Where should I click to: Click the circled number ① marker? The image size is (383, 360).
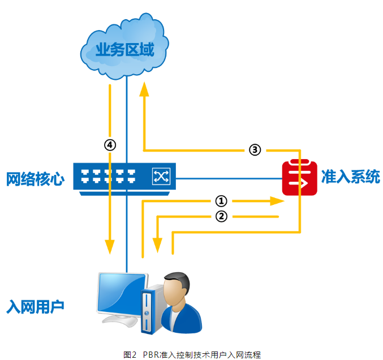[x=221, y=201]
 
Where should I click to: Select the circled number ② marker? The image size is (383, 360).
[x=221, y=216]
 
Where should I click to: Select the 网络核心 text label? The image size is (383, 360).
[x=35, y=179]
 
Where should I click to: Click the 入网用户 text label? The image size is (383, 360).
[x=35, y=307]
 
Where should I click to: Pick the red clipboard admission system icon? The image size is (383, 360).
[x=300, y=178]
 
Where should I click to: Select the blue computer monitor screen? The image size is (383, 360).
[x=121, y=292]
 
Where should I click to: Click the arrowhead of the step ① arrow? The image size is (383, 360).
[x=277, y=201]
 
